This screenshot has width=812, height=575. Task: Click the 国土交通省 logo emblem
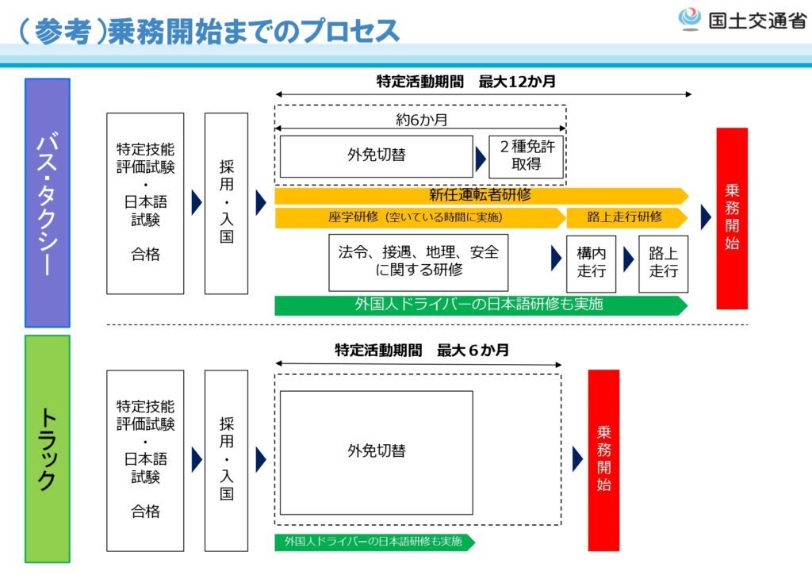coord(689,20)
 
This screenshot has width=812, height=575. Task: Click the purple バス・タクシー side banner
coord(47,202)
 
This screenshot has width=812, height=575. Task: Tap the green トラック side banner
coord(47,449)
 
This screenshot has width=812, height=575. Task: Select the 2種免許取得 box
coord(527,157)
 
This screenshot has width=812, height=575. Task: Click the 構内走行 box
coord(591,263)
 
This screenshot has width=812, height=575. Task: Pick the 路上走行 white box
coord(664,263)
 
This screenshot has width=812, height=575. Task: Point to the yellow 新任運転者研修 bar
coord(481,196)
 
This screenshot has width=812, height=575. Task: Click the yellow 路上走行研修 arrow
coord(627,217)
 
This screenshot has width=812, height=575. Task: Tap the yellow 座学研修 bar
coord(420,217)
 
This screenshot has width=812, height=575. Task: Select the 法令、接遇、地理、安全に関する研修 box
coord(419,262)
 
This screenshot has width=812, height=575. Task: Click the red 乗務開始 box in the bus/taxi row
coord(732,218)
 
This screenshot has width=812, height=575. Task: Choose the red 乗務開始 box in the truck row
coord(603,460)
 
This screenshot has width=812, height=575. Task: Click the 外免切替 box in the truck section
coord(377,452)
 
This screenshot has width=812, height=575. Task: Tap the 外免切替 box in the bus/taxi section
coord(377,156)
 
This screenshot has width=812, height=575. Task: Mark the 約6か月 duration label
coord(421,121)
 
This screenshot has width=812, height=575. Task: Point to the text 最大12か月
coord(517,82)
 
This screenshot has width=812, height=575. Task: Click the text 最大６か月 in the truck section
coord(473,351)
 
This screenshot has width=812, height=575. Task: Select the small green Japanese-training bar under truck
coord(374,542)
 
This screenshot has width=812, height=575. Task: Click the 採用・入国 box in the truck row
coord(226,461)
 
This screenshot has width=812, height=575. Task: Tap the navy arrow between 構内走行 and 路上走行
coord(628,259)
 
